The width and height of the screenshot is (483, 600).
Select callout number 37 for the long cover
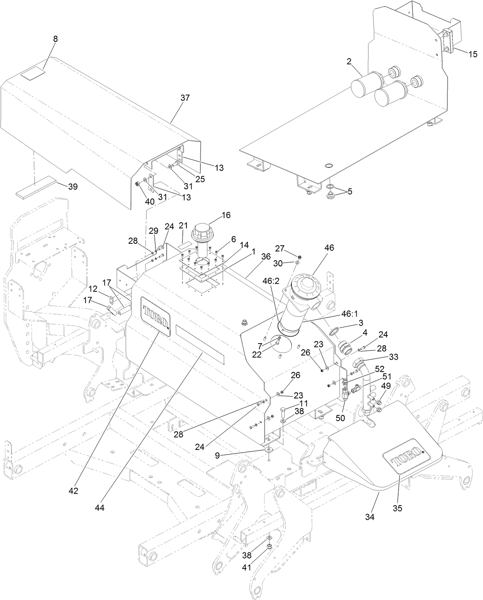[185, 98]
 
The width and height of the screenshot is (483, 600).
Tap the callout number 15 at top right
[473, 54]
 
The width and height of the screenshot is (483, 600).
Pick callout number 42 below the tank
[73, 491]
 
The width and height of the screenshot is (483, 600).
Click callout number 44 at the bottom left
[100, 507]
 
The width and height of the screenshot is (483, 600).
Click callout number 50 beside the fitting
[341, 418]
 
